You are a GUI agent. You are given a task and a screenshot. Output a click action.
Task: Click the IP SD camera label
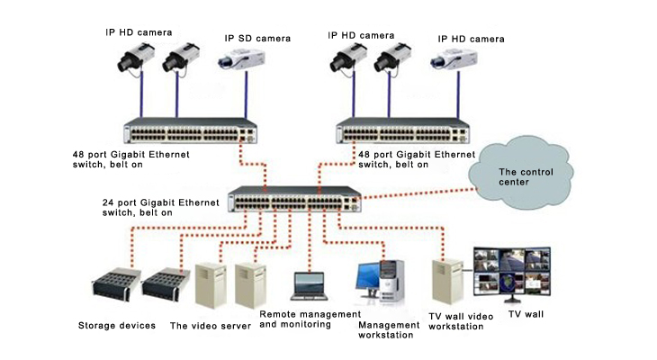coord(257,39)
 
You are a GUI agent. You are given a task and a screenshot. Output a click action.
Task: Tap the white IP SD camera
coord(241,59)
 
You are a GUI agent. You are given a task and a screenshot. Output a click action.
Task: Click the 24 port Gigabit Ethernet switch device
coord(294,199)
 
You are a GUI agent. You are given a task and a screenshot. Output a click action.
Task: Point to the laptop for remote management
coord(310,287)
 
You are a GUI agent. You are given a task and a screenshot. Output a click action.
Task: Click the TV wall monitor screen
coord(512,273)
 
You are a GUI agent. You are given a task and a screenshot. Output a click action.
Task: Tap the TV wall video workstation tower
coord(447,281)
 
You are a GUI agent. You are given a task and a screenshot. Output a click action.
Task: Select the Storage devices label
coord(117,326)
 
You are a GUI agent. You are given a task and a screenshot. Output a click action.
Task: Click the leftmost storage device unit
coord(116,284)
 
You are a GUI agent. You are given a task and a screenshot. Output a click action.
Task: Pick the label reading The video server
coord(211,326)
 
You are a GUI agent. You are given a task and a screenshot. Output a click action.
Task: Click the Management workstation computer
coord(381,283)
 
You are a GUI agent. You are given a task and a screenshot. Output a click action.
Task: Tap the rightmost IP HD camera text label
coord(471,39)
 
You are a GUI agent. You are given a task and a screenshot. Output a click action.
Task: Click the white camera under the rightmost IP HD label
coord(454,60)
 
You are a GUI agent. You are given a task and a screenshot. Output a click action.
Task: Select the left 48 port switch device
coord(190,130)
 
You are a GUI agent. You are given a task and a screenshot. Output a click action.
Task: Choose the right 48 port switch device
coord(402,130)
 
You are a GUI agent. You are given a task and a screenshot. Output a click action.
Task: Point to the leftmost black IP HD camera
coord(135,58)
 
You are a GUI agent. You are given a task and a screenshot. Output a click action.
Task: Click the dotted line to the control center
coord(418,193)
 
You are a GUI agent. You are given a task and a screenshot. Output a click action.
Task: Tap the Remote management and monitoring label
coord(310,319)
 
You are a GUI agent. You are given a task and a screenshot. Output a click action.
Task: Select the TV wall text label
coord(526,314)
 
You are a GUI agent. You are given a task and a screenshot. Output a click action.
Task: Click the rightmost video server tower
coord(250,286)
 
